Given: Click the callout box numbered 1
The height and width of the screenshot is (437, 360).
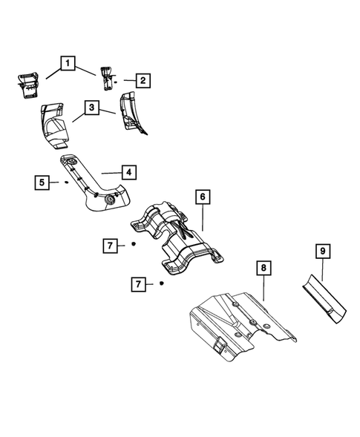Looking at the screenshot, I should point(68,65).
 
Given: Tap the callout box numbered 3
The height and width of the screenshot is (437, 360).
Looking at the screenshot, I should point(91,109).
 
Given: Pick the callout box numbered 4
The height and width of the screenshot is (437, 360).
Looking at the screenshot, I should point(128,172).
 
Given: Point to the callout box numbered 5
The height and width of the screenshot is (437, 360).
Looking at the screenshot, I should point(43,180).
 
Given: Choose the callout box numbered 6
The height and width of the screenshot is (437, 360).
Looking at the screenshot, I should point(201,197).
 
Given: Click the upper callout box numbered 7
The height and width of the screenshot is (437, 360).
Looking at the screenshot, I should point(109,244).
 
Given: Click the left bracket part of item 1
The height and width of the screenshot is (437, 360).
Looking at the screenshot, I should point(29,83).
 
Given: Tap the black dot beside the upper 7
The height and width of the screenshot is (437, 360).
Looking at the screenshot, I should point(132,244).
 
